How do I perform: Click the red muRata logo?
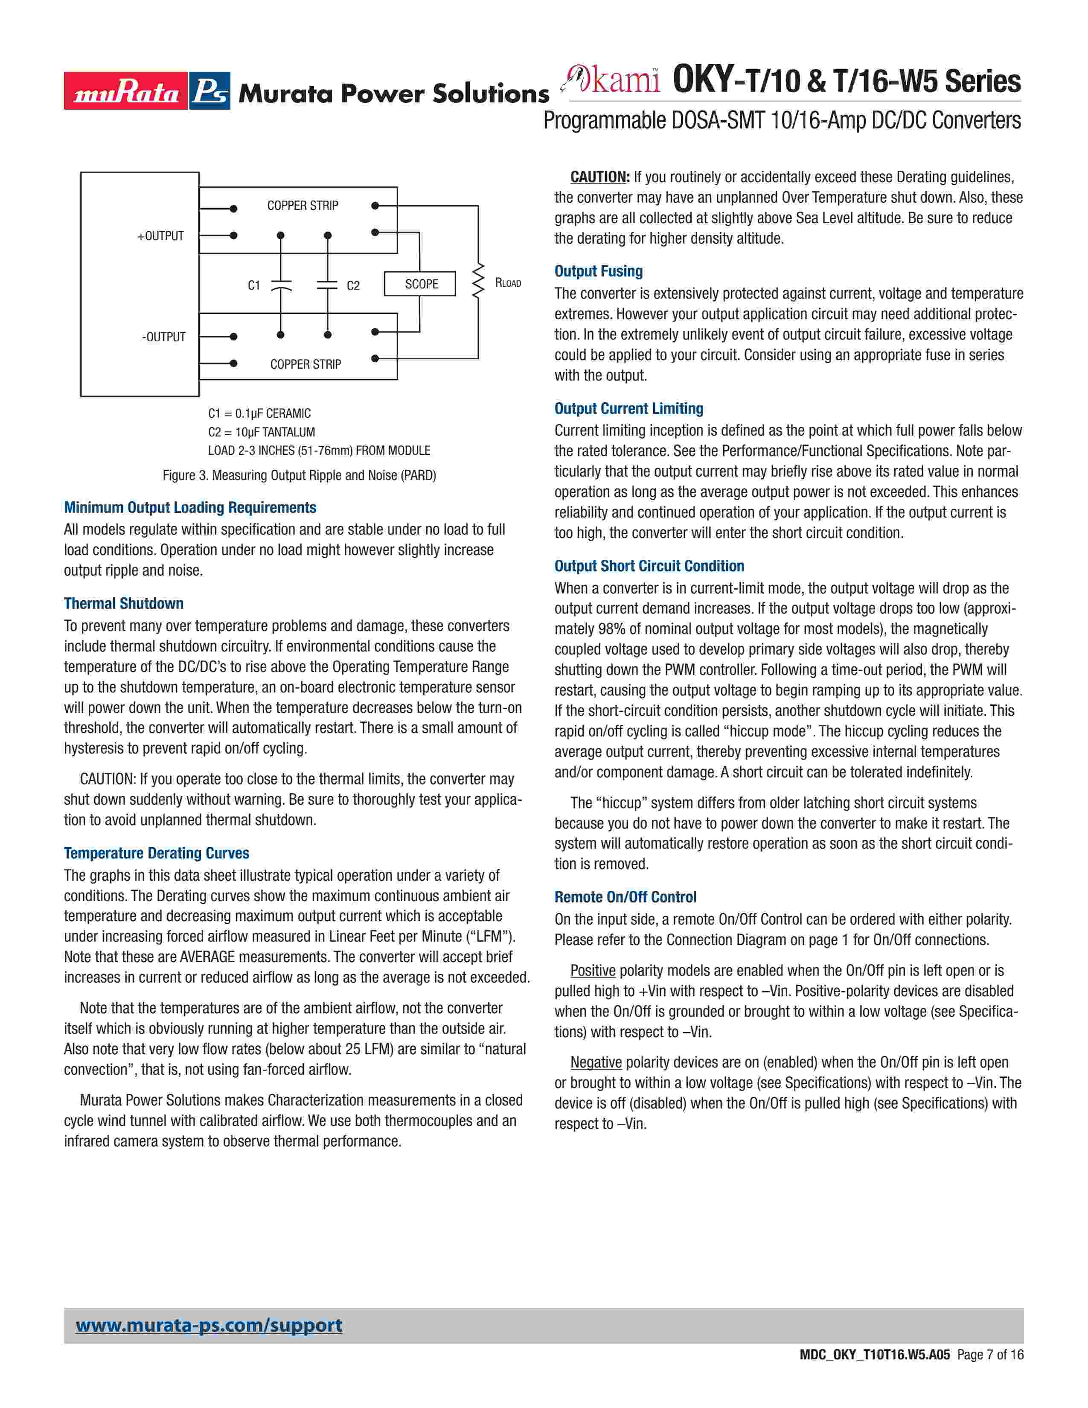coord(126,91)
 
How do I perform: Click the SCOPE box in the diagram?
coord(420,284)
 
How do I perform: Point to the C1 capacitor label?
coord(254,285)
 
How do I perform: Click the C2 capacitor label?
coord(353,285)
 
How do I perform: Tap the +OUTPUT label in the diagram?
coord(160,236)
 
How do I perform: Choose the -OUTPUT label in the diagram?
coord(164,337)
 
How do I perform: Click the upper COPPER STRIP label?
coord(303,206)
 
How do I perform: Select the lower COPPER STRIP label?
coord(305,364)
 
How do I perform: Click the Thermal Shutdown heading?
coord(124,603)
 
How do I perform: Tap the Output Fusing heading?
coord(599,271)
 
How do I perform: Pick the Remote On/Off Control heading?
coord(625,897)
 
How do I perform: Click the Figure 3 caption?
coord(299,475)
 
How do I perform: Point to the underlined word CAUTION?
coord(600,177)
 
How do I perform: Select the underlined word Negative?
coord(596,1062)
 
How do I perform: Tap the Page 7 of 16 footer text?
coord(990,1373)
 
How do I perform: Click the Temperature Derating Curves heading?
coord(157,853)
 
